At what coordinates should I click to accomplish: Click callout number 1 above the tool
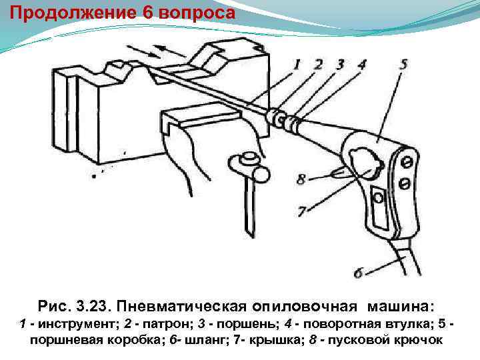coord(297,65)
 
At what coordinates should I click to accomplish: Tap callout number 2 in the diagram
coord(318,65)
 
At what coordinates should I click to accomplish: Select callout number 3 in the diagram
coord(340,65)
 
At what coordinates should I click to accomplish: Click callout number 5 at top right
coord(404,65)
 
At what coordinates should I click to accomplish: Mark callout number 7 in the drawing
coord(302,212)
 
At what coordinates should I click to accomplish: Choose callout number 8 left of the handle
coord(301,179)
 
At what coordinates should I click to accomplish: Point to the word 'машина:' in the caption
coord(400,306)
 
